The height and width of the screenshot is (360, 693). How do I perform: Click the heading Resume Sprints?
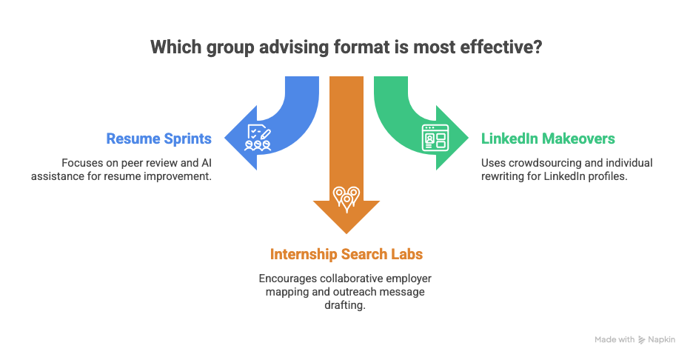[x=159, y=139]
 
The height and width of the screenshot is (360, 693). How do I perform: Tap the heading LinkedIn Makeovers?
[x=548, y=139]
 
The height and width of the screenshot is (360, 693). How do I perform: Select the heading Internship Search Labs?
[x=346, y=254]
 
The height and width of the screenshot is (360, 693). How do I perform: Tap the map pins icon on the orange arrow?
[x=346, y=197]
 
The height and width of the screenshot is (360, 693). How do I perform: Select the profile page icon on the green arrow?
[x=434, y=139]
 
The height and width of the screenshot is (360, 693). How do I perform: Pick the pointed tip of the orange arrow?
[x=346, y=233]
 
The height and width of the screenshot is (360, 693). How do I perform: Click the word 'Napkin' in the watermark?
[x=663, y=339]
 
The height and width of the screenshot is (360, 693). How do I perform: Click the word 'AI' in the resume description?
[x=209, y=162]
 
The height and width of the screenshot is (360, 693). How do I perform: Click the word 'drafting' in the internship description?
[x=346, y=306]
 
